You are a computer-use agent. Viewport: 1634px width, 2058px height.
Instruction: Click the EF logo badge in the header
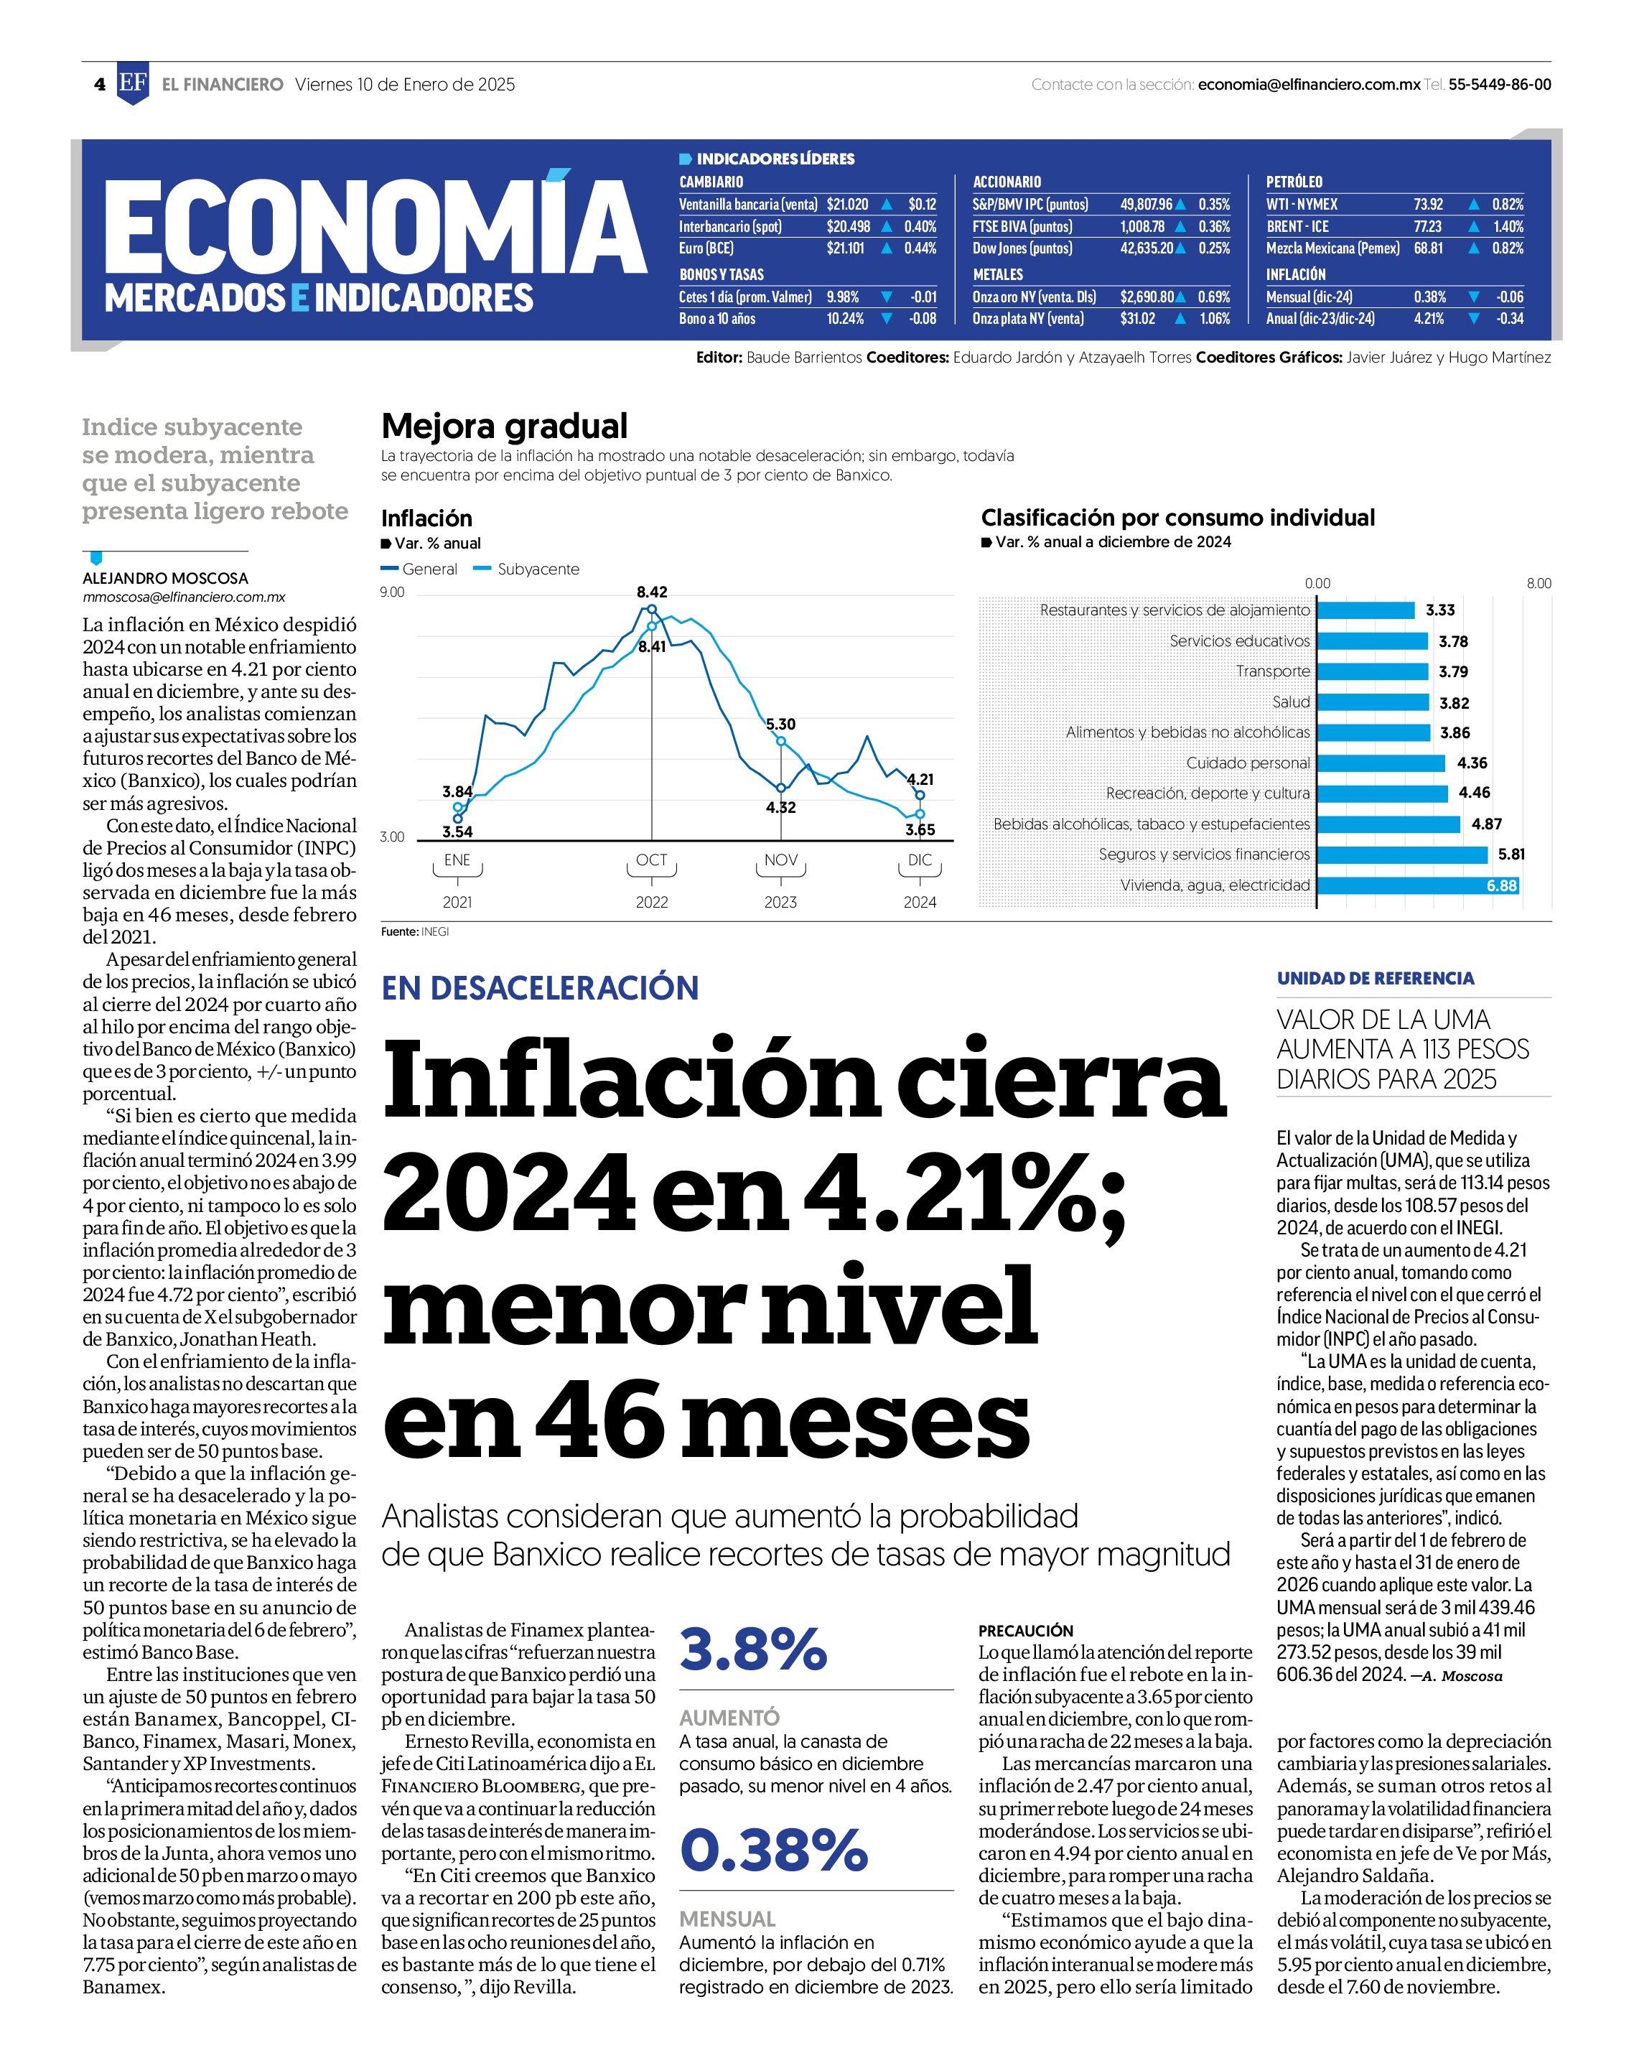point(133,84)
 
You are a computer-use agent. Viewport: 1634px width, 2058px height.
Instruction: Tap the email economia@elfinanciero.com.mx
point(1309,84)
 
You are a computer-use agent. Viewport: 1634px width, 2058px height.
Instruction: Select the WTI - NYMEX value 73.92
point(1428,204)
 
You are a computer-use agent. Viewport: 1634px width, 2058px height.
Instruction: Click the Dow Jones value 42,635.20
point(1147,248)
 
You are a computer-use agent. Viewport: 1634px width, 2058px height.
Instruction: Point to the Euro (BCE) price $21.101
point(846,248)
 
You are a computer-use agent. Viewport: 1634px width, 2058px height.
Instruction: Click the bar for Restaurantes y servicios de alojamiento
point(1365,610)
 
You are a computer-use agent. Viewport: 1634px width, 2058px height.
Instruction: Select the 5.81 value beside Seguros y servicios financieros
point(1511,855)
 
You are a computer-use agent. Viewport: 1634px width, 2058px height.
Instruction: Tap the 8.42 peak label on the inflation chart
point(652,592)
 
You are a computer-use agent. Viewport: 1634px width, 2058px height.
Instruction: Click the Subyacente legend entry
point(527,569)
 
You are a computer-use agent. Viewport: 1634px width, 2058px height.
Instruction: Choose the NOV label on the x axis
point(780,860)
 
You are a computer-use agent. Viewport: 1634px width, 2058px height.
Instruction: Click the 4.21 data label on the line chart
point(920,779)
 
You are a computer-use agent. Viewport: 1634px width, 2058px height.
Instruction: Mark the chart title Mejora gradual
point(505,426)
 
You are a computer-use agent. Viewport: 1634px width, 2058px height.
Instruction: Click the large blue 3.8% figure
point(753,1649)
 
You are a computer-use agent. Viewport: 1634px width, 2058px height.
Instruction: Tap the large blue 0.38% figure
point(774,1849)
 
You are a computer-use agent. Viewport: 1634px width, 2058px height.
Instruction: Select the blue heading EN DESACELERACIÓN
point(540,988)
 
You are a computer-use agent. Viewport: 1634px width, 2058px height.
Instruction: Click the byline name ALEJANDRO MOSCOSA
point(165,579)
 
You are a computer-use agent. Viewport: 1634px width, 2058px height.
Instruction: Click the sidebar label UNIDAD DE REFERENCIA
point(1376,979)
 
